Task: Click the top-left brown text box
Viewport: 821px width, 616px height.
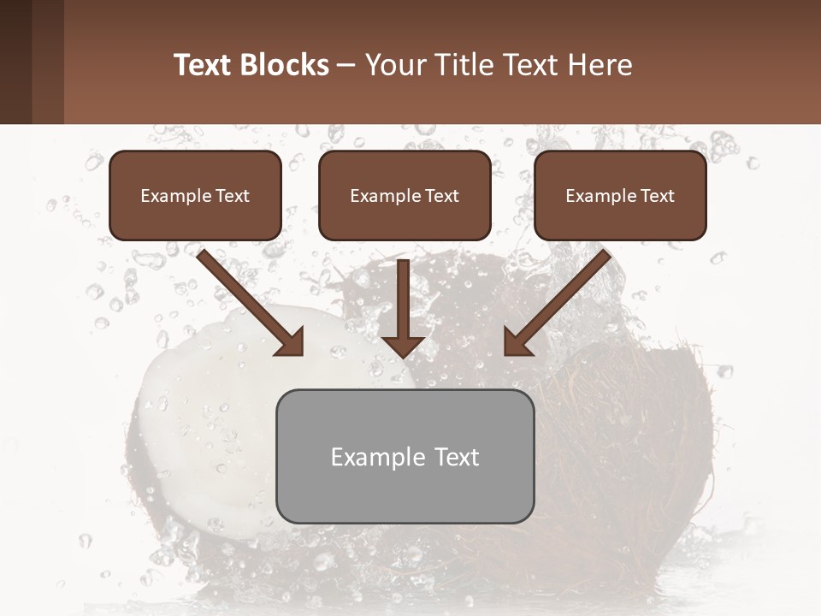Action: click(195, 195)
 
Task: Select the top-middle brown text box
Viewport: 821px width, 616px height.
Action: click(405, 195)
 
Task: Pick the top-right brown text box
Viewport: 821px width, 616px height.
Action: click(620, 195)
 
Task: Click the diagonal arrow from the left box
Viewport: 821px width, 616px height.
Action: click(248, 299)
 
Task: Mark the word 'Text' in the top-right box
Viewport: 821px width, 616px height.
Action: click(656, 196)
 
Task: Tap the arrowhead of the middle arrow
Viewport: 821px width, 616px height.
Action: click(404, 344)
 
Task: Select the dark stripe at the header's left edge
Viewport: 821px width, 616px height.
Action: click(15, 62)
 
